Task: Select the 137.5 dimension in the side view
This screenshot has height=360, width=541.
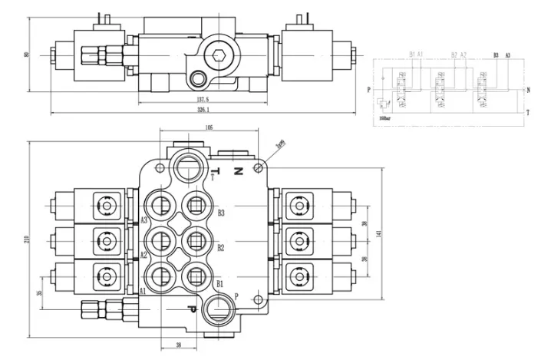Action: click(x=203, y=99)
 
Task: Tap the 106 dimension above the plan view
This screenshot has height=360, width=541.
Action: click(x=209, y=128)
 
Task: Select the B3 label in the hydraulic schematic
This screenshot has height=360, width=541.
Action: click(x=496, y=55)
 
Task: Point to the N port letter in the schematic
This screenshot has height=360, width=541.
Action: click(x=529, y=89)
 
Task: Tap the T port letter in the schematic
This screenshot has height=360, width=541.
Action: click(x=529, y=112)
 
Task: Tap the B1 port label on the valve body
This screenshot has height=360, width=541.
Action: click(x=220, y=284)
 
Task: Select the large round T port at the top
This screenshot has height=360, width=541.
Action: click(x=190, y=163)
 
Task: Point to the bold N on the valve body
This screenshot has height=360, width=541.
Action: click(x=239, y=170)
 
